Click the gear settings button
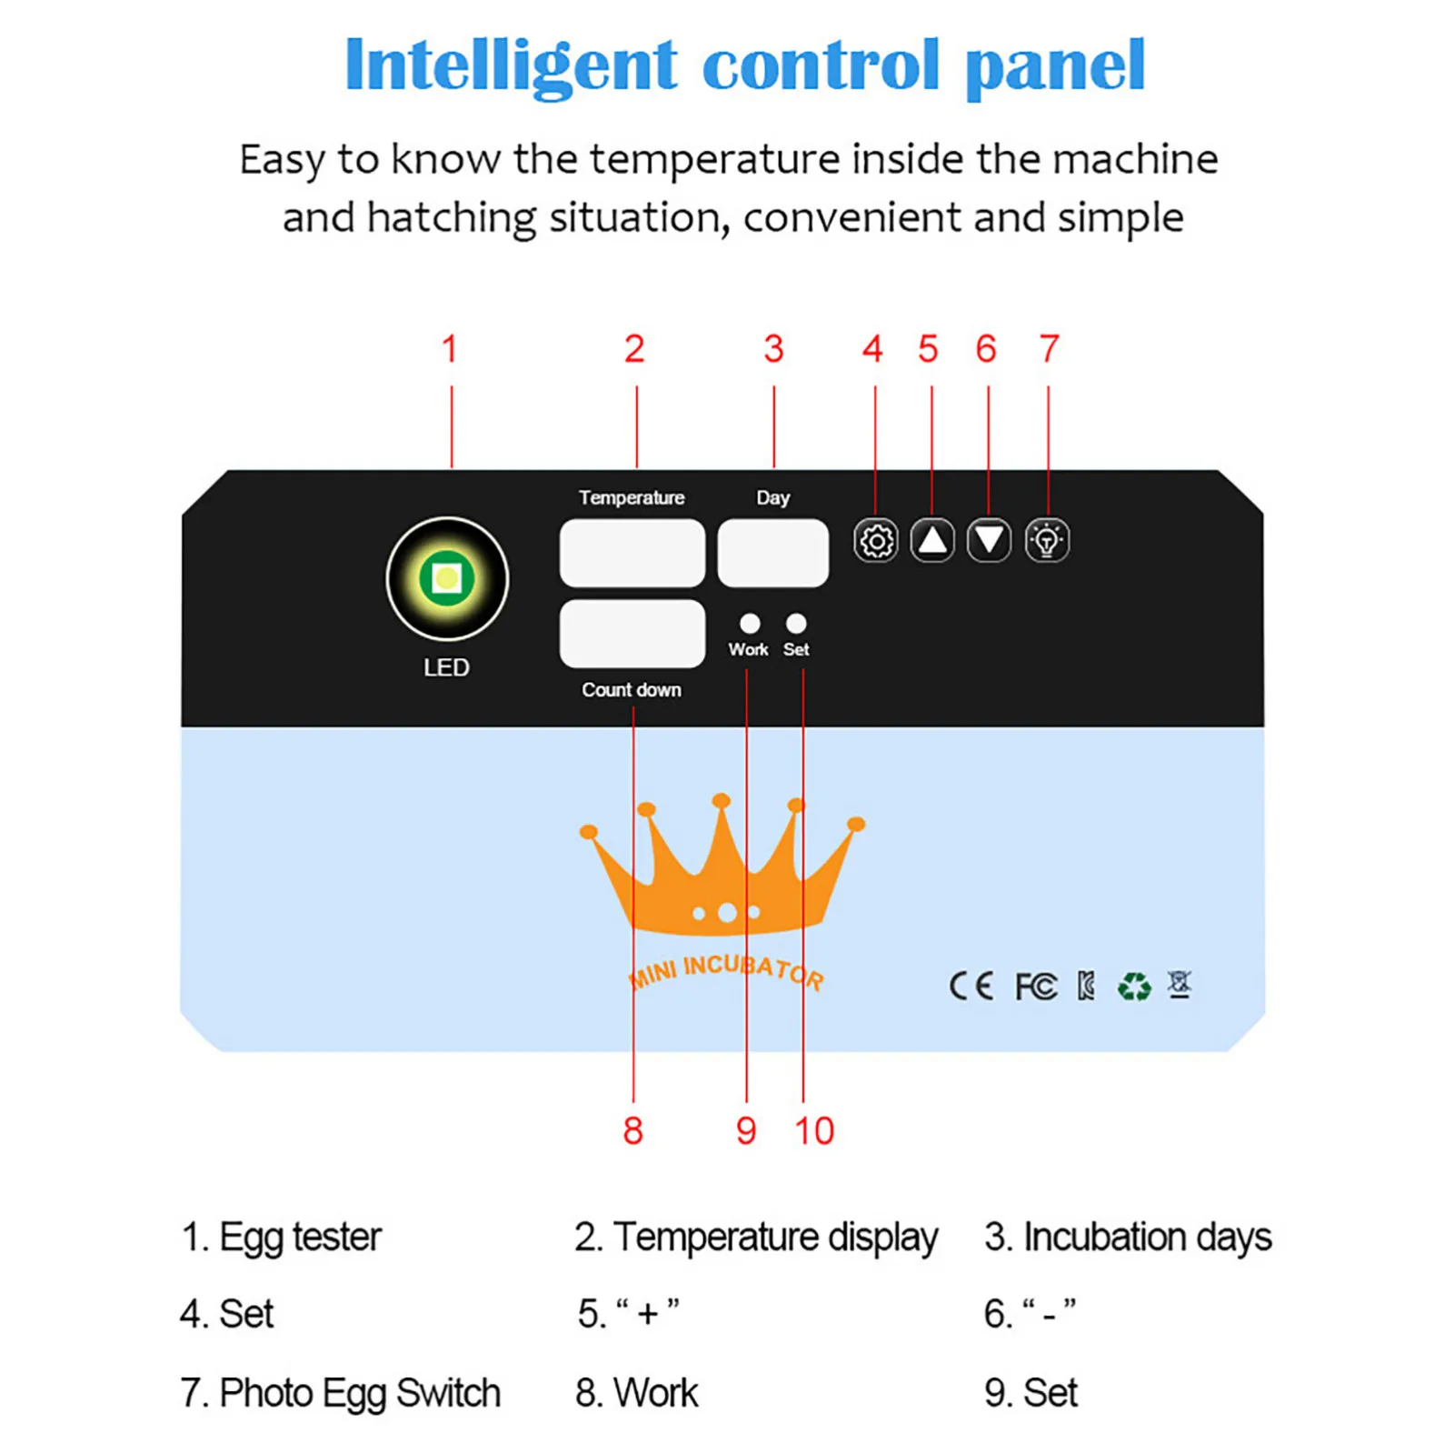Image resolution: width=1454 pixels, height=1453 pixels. pos(875,541)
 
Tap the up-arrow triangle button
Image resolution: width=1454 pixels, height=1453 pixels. pos(932,541)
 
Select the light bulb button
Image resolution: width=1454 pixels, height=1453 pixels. pos(1047,541)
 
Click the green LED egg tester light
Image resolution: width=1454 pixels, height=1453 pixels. pos(446,578)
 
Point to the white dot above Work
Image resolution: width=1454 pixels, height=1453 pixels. pos(749,623)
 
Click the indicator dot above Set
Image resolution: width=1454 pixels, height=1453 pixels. pos(796,623)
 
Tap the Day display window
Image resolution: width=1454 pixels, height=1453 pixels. pos(772,553)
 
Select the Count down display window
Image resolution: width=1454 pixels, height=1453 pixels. pos(632,633)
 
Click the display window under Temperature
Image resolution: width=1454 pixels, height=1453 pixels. pos(632,553)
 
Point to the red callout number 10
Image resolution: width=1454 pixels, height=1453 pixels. pos(813,1131)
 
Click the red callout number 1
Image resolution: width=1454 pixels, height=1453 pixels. pos(449,349)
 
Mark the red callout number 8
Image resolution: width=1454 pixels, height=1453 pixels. pos(632,1131)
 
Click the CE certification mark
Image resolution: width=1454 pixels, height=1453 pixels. pos(971,986)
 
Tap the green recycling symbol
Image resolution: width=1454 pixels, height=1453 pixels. pos(1133,986)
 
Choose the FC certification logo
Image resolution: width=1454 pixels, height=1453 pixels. pos(1035,986)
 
